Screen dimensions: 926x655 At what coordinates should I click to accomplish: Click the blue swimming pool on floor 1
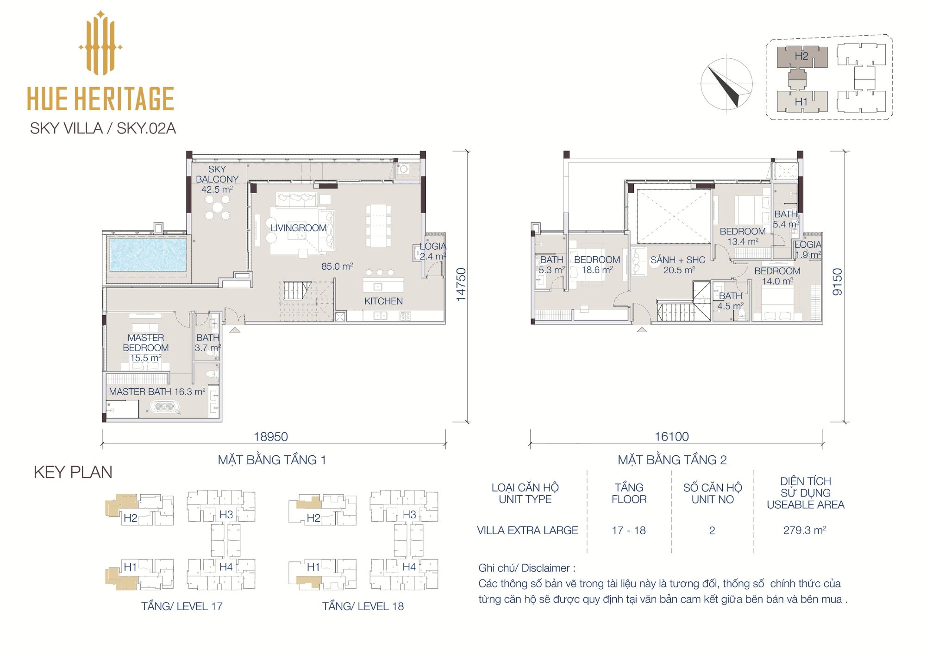coord(148,254)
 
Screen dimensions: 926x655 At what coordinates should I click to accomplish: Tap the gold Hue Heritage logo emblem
coord(100,43)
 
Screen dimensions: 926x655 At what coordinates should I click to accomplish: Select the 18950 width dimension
coord(271,436)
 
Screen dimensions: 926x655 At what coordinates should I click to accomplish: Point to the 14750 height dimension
coord(461,285)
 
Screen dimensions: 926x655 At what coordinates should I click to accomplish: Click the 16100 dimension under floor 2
coord(672,436)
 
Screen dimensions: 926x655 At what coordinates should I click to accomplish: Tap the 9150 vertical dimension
coord(838,282)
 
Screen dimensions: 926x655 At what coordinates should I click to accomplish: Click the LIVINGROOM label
coord(299,228)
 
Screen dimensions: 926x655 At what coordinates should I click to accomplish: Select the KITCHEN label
coord(383,301)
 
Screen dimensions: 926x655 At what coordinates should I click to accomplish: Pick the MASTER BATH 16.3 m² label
coord(157,391)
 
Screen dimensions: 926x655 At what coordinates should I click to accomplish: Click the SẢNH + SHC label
coord(678,265)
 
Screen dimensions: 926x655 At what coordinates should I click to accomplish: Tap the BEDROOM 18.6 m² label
coord(597,265)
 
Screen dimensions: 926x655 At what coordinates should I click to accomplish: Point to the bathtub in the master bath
coord(163,408)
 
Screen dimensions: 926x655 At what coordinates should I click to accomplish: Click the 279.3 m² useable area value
coord(805,530)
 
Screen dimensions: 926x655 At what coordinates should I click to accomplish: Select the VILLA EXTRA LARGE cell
coord(527,530)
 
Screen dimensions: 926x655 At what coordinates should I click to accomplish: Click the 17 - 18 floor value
coord(629,530)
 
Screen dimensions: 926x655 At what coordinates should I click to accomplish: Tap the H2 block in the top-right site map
coord(802,57)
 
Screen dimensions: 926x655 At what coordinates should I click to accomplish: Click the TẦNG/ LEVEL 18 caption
coord(363,606)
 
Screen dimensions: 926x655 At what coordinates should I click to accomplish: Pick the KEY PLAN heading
coord(73,472)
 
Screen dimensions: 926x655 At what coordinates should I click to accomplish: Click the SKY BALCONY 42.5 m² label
coord(217,179)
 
